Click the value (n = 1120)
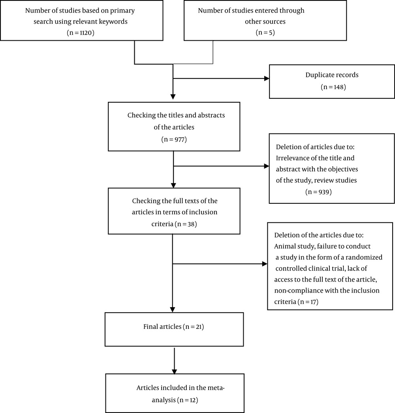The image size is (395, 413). pyautogui.click(x=81, y=33)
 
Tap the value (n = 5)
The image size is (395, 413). pyautogui.click(x=265, y=32)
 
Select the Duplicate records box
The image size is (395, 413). pyautogui.click(x=332, y=81)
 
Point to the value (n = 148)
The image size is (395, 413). pyautogui.click(x=333, y=87)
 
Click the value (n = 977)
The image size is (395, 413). pyautogui.click(x=174, y=139)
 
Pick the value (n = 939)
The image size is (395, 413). pyautogui.click(x=318, y=192)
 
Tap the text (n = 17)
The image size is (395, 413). pyautogui.click(x=308, y=302)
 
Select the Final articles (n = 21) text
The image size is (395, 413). pyautogui.click(x=174, y=327)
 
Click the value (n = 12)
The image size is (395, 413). pyautogui.click(x=187, y=400)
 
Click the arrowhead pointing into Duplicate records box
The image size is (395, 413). pyautogui.click(x=267, y=78)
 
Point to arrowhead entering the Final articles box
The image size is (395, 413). pyautogui.click(x=172, y=310)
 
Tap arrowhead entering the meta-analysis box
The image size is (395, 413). pyautogui.click(x=174, y=372)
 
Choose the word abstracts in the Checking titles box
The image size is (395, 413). pyautogui.click(x=211, y=115)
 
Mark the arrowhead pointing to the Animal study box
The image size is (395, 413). pyautogui.click(x=265, y=264)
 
